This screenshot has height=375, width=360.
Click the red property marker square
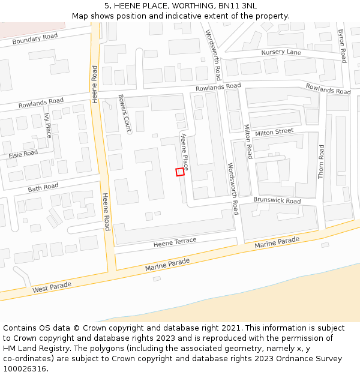point(180,172)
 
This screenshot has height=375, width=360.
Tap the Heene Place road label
point(185,152)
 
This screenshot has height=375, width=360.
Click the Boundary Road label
point(35,39)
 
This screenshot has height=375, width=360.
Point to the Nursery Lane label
point(281,52)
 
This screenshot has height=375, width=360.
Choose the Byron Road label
point(342,46)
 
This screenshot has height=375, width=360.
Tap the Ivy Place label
point(48,125)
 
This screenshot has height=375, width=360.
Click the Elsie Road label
point(23,155)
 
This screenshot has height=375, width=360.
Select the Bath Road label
point(43,188)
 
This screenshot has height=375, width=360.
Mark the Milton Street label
point(274,131)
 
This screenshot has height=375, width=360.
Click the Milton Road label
point(247,142)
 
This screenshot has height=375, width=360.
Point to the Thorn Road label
point(321,161)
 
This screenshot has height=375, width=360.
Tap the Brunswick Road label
point(277,200)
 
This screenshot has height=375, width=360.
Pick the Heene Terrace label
point(175,242)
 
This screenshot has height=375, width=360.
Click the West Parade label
point(52,287)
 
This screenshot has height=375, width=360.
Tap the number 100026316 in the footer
point(26,369)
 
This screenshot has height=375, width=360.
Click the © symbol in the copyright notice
point(76,328)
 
